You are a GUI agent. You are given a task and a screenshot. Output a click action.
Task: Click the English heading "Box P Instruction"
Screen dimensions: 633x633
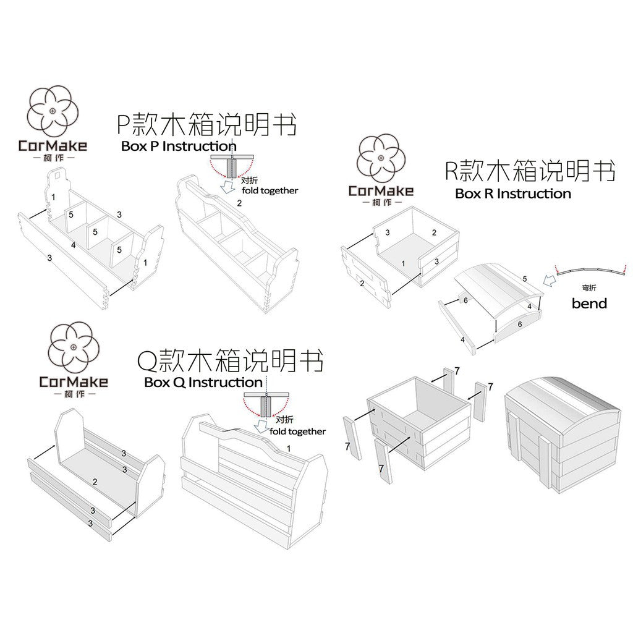click(178, 147)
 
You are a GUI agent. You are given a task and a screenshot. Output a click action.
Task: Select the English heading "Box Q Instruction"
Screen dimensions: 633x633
click(203, 382)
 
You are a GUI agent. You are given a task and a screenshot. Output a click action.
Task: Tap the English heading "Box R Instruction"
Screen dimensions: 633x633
click(512, 193)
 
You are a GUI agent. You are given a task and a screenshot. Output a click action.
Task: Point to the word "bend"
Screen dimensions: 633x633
click(588, 303)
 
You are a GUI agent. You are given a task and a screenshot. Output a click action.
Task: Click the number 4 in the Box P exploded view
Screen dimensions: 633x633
click(73, 245)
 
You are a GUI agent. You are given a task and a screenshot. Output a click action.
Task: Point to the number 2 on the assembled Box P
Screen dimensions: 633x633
click(239, 203)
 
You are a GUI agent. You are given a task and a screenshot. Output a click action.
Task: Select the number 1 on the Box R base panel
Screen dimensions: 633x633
click(403, 263)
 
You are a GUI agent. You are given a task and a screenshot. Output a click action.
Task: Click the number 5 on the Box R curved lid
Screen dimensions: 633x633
click(525, 279)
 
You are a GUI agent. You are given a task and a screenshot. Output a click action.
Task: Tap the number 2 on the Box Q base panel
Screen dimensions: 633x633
click(95, 482)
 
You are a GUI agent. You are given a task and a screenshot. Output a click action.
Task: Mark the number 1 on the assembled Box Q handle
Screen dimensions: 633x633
click(288, 448)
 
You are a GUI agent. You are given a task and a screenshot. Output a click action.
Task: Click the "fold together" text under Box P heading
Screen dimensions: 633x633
click(270, 191)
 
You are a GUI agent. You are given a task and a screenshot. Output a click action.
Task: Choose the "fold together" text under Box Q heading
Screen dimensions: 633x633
click(297, 431)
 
